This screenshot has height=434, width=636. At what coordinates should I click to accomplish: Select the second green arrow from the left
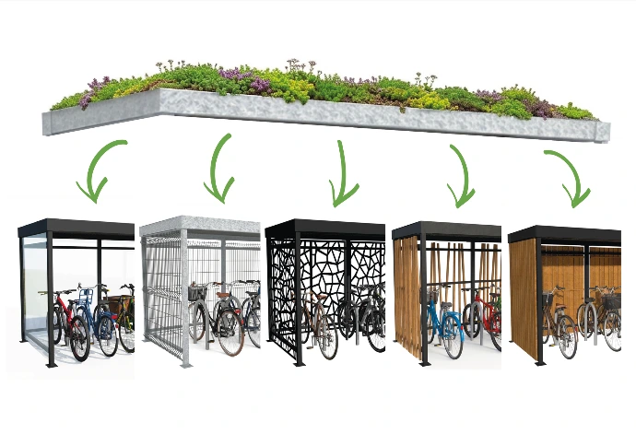click(221, 170)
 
